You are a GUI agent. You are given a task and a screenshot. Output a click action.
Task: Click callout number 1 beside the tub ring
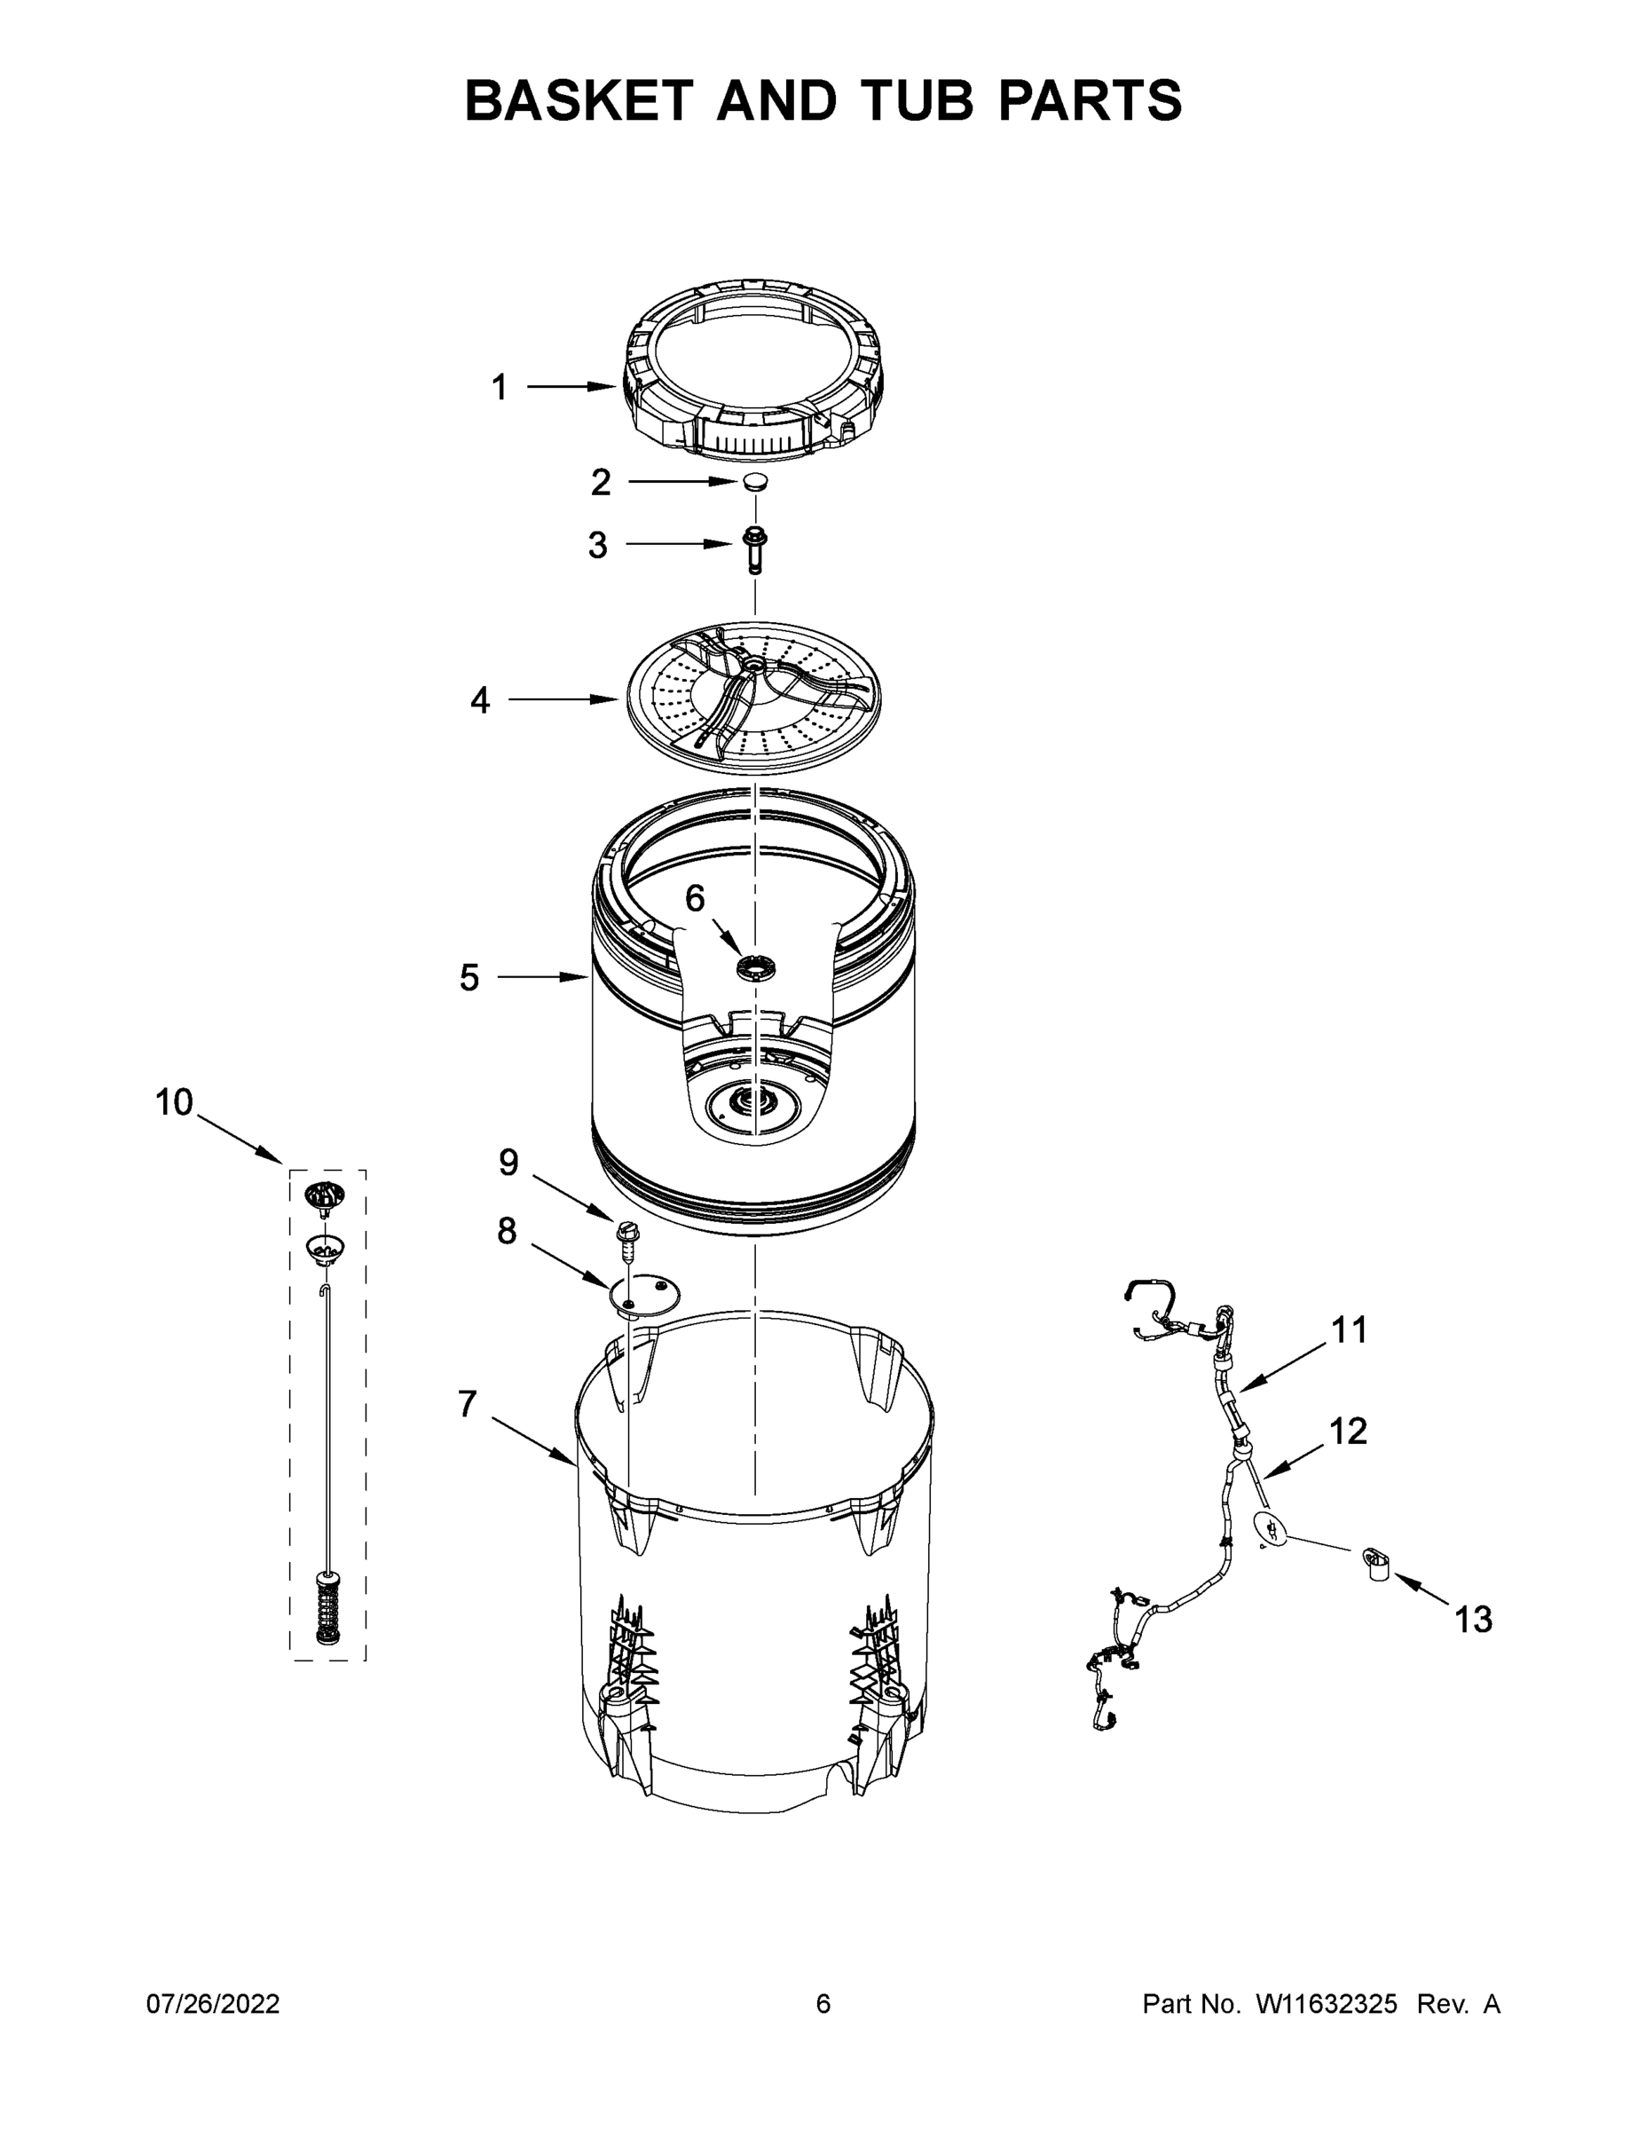pos(500,387)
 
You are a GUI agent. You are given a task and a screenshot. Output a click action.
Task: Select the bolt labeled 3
pos(753,549)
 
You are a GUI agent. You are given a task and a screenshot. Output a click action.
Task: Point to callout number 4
pos(480,699)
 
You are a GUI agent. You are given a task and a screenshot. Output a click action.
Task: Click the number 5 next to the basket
pos(470,976)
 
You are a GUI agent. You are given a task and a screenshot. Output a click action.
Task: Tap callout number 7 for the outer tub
pos(468,1403)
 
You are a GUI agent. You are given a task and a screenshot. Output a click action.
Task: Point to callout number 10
pos(175,1102)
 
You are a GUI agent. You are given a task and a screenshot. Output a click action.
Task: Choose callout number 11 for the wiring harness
pos(1350,1329)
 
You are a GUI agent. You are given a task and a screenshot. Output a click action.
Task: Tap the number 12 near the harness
pos(1349,1431)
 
